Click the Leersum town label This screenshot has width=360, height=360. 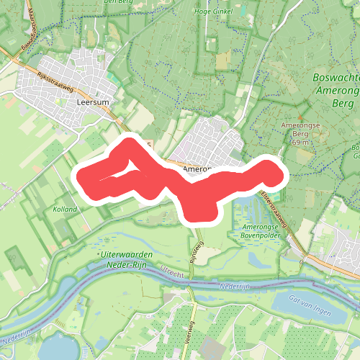pos(90,102)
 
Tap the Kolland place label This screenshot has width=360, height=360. pos(65,209)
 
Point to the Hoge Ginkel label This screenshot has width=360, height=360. pos(212,11)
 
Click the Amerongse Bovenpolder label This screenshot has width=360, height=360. pos(254,231)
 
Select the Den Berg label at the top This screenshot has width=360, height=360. pos(119,2)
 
